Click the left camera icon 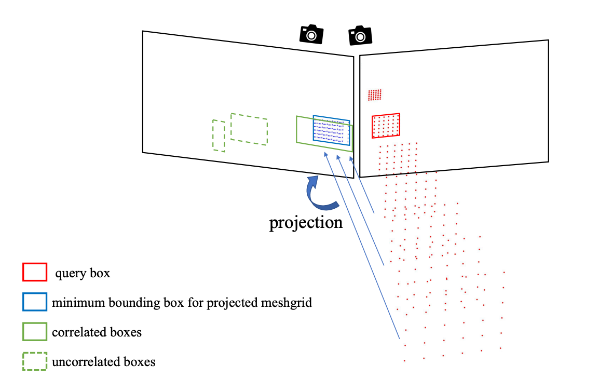click(x=311, y=34)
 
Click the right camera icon click(x=360, y=35)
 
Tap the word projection click(x=306, y=222)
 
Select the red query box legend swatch click(x=35, y=273)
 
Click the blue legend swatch click(x=35, y=302)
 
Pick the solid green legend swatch click(x=35, y=332)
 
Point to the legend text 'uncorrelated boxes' click(x=103, y=362)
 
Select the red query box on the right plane click(x=386, y=126)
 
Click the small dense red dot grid click(x=374, y=95)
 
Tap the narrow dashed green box click(x=219, y=136)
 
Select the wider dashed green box click(x=249, y=129)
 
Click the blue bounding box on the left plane click(x=331, y=130)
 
